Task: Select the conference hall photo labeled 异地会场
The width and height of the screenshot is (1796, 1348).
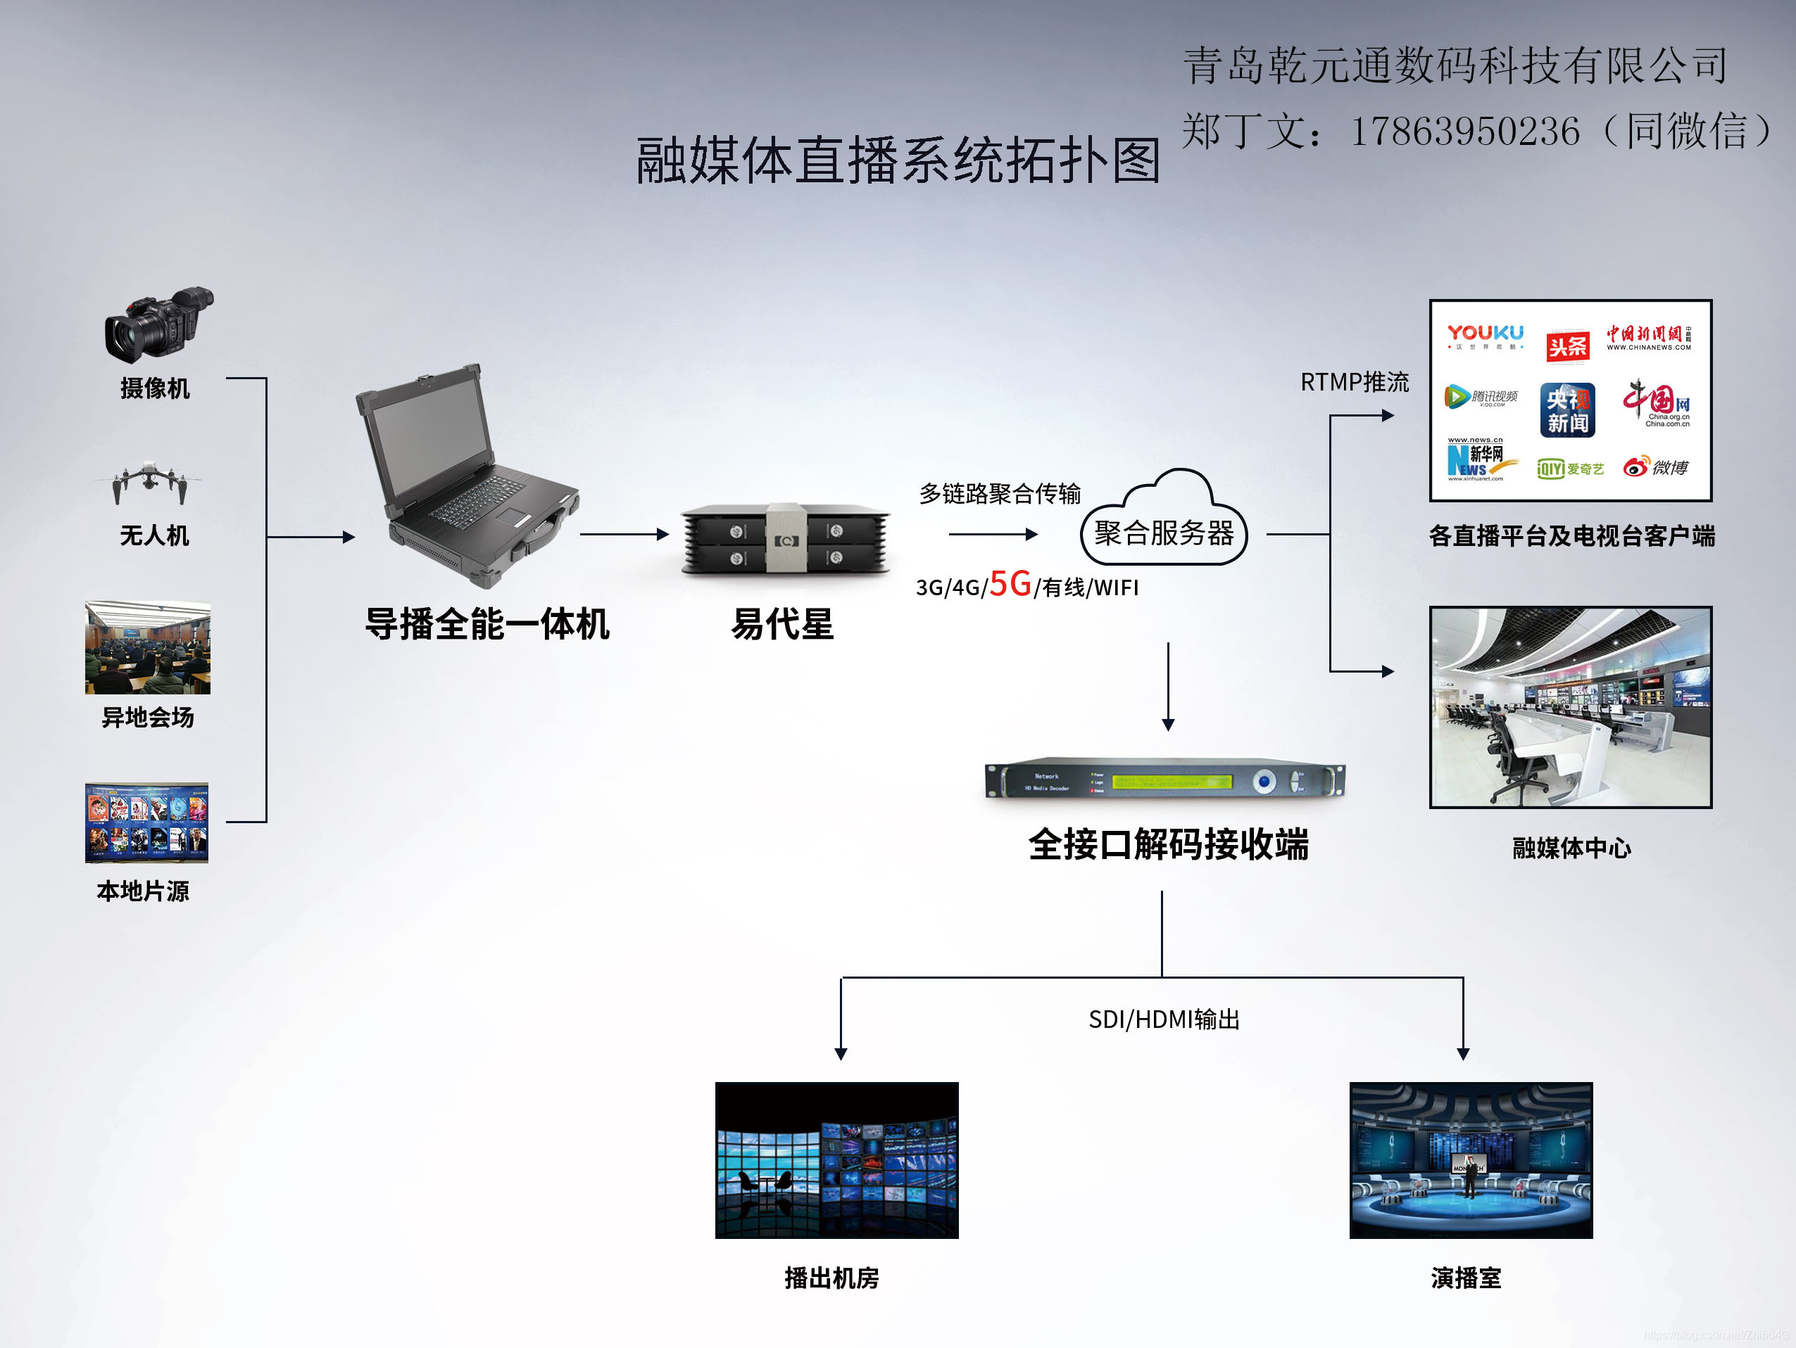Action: [148, 648]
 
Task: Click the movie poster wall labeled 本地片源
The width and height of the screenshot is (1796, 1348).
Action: [147, 822]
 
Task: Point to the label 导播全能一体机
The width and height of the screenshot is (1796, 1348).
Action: [486, 624]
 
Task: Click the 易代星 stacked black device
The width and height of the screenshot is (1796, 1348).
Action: [785, 539]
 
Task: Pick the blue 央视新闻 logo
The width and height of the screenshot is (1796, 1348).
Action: [1567, 410]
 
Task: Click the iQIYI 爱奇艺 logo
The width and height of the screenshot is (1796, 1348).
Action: [1569, 469]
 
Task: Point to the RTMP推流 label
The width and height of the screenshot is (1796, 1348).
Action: [1355, 381]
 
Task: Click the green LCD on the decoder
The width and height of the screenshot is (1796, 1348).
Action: [1172, 782]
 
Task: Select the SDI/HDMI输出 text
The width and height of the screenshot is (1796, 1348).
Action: [1164, 1019]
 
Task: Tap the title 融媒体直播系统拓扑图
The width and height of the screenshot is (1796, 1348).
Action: [897, 160]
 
